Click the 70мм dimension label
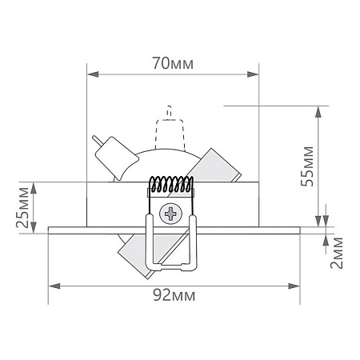tap(174, 64)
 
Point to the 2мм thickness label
tap(337, 253)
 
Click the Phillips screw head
tap(171, 214)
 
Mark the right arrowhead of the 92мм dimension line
tap(297, 284)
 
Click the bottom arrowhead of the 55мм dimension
tap(321, 223)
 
